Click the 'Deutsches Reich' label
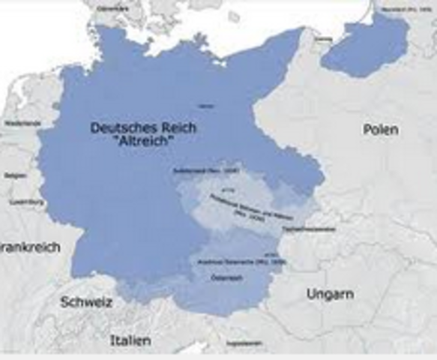point(143,128)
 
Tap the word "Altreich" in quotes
point(143,141)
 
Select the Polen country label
point(381,130)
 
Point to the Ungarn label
point(330,295)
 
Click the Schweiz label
point(86,302)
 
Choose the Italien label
point(130,340)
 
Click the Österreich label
point(224,278)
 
